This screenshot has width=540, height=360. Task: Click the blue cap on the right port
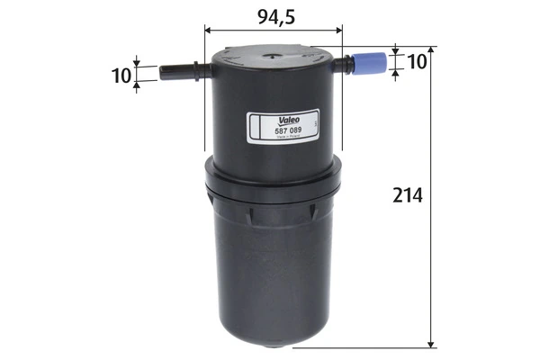369,64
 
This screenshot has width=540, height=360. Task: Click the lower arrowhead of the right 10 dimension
396,74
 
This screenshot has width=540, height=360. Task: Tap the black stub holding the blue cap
346,65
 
